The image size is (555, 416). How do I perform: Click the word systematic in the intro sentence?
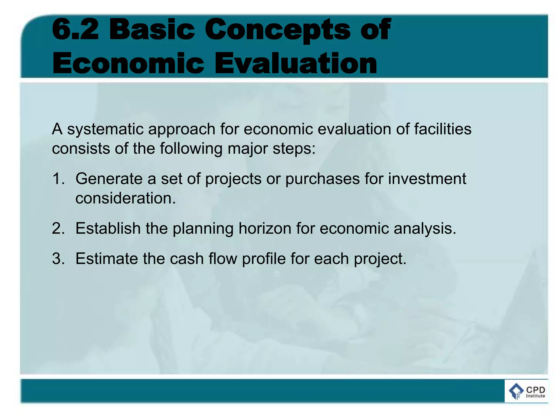click(105, 129)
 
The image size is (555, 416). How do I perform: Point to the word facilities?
click(443, 129)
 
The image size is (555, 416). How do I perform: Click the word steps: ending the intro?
click(294, 149)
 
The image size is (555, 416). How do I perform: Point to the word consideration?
click(125, 198)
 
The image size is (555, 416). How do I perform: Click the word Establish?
click(108, 228)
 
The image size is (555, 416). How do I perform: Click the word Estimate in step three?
click(107, 258)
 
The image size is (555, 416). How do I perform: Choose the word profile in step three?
click(264, 259)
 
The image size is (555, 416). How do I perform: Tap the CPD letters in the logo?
click(535, 390)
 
